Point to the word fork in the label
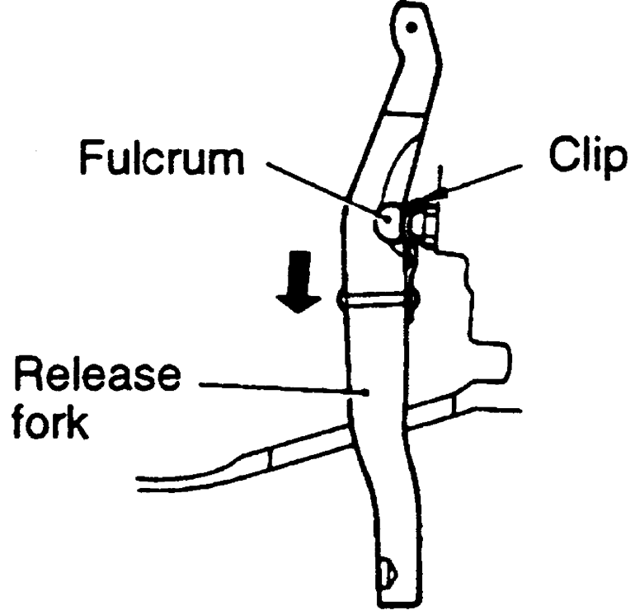point(51,427)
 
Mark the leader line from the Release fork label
point(272,388)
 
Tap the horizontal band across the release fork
point(375,298)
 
